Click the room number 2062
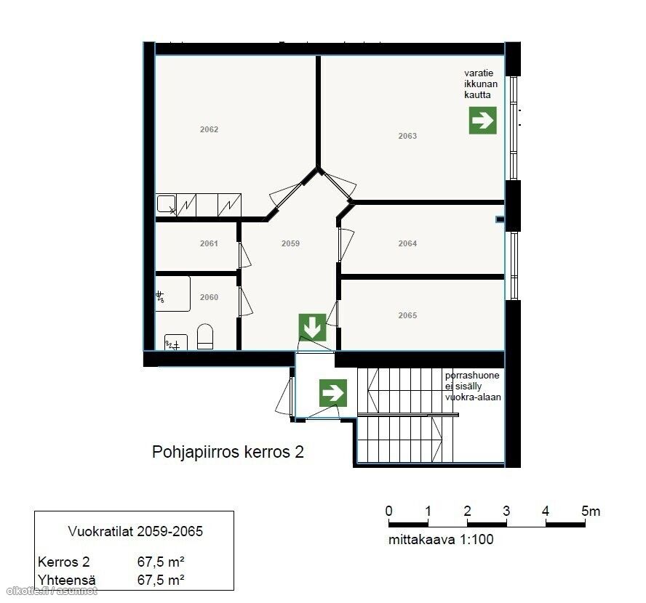point(209,129)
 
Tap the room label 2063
point(407,136)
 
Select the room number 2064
point(407,243)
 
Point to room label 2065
point(407,315)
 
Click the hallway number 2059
point(290,243)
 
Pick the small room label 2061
point(209,243)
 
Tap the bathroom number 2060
point(209,297)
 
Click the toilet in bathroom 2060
point(205,336)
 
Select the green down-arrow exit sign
point(312,328)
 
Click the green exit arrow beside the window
point(482,121)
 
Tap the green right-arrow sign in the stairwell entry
point(333,393)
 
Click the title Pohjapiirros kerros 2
point(228,452)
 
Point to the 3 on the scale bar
point(506,511)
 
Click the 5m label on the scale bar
point(591,511)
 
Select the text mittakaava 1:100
point(441,539)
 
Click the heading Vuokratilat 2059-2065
point(135,531)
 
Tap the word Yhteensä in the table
point(67,580)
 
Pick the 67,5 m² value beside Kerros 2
point(161,562)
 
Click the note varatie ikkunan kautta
point(481,84)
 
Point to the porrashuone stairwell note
point(473,387)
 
